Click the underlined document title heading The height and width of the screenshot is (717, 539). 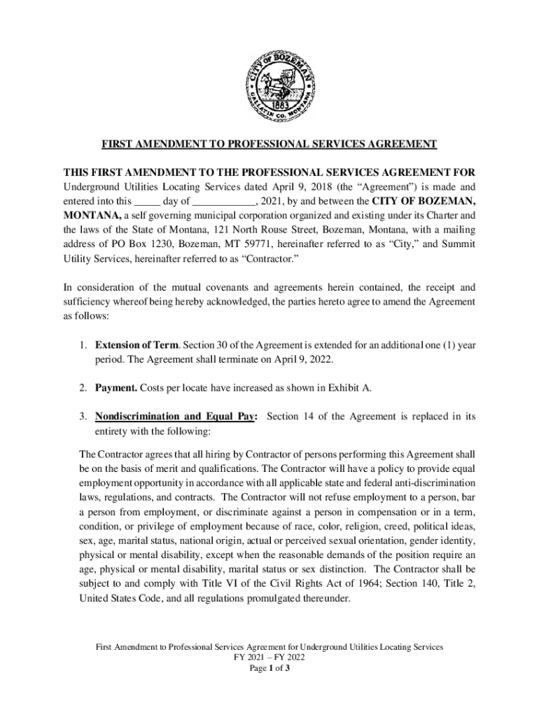269,144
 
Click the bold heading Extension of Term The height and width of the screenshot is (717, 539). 135,345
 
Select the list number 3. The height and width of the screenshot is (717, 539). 83,416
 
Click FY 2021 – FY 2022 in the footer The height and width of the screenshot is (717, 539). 269,657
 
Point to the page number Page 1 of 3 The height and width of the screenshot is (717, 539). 269,669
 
